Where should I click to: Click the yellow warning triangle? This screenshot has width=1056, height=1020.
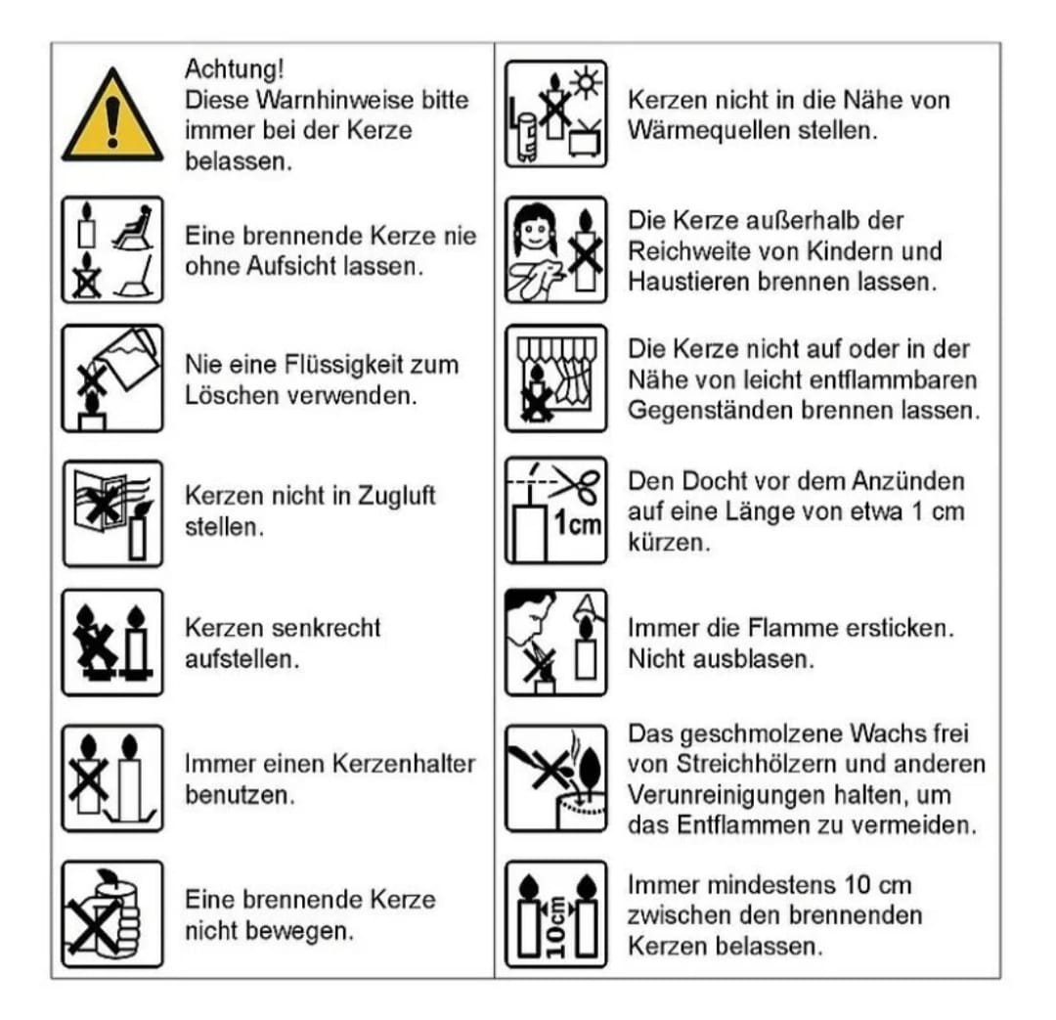[x=112, y=117]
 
